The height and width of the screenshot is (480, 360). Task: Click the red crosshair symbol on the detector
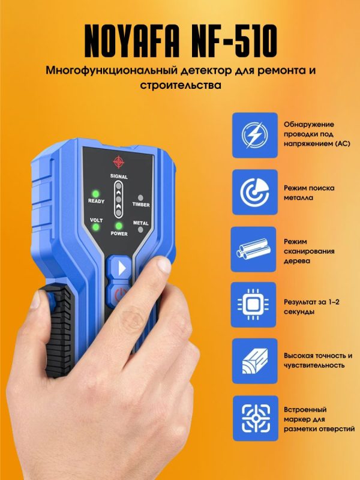coord(118,161)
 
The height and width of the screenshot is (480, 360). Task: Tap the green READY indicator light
coord(96,194)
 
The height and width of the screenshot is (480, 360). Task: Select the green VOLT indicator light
coord(96,227)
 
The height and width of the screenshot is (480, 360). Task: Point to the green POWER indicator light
coord(119,226)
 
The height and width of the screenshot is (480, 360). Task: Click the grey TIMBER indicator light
coord(140,198)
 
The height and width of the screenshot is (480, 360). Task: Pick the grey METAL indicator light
coord(140,229)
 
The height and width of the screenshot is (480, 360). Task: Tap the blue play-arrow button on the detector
coord(119,267)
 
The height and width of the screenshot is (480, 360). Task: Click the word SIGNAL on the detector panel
coord(119,176)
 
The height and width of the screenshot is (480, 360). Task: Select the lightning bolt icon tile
coord(254,135)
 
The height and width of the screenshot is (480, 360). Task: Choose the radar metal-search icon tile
coord(254,192)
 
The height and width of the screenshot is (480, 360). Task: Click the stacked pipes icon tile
coord(253,249)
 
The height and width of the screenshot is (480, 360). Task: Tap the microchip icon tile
coord(253,305)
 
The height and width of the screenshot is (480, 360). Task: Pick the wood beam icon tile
coord(254,361)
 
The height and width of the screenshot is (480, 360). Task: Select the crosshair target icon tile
coord(256,418)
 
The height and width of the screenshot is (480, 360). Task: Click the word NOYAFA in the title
coord(132,41)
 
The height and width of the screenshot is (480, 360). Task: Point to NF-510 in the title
coord(233,41)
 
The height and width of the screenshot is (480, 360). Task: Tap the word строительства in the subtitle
coord(181,85)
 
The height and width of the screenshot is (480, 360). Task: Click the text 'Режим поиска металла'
coord(309,193)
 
